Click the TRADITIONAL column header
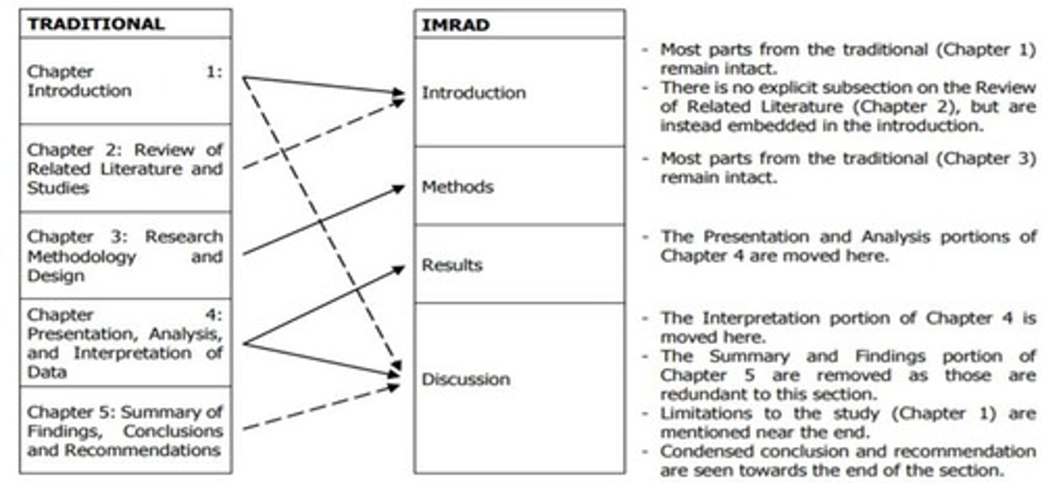pyautogui.click(x=96, y=24)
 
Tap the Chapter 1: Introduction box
pyautogui.click(x=124, y=81)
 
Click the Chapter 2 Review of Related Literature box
pyautogui.click(x=124, y=168)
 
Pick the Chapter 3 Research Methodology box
pyautogui.click(x=124, y=256)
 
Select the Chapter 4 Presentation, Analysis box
pyautogui.click(x=124, y=343)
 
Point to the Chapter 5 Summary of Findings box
pyautogui.click(x=124, y=431)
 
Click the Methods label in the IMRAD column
pyautogui.click(x=457, y=187)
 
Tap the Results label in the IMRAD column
pyautogui.click(x=452, y=265)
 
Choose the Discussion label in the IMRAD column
pyautogui.click(x=466, y=380)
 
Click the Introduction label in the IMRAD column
pyautogui.click(x=473, y=93)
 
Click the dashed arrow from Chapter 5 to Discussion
pyautogui.click(x=322, y=408)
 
